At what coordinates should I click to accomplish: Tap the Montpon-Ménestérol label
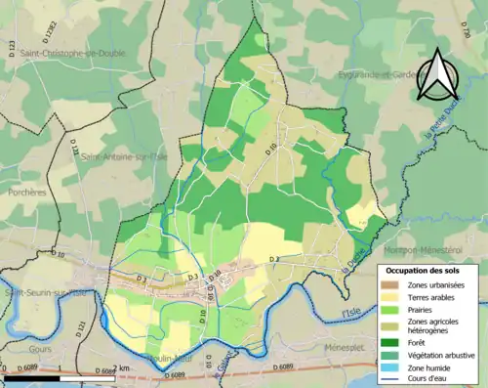437,223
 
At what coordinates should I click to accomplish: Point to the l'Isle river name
350,312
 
